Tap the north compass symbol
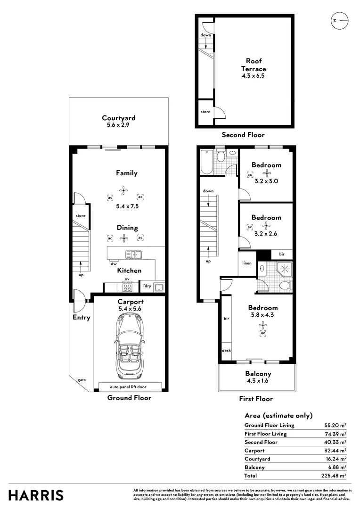[339, 21]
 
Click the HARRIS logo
[36, 495]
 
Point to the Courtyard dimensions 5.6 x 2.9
[119, 126]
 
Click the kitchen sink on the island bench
[134, 254]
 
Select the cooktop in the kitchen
[127, 287]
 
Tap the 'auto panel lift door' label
[129, 386]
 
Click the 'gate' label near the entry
[82, 379]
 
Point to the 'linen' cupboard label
[246, 263]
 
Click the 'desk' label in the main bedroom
[226, 351]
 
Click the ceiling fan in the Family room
[124, 191]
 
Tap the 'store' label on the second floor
[205, 112]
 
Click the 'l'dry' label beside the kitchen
[147, 286]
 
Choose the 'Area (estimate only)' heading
[278, 415]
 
